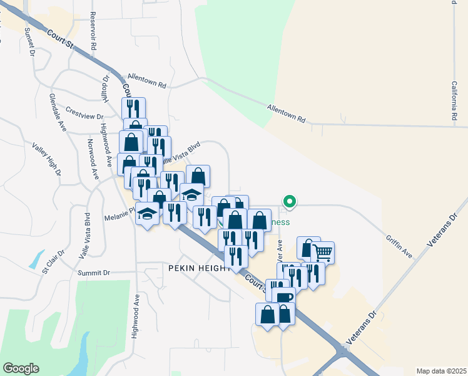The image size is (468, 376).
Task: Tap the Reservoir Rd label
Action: pos(93,31)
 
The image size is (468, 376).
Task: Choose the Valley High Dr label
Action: pos(48,158)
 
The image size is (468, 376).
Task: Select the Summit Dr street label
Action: pos(94,273)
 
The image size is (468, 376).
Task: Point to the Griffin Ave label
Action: pos(399,246)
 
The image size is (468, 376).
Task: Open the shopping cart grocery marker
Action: pos(323,252)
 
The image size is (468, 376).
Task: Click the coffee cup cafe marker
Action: pos(283,297)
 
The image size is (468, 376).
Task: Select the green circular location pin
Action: pos(289,202)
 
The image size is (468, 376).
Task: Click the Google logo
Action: pos(21,368)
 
